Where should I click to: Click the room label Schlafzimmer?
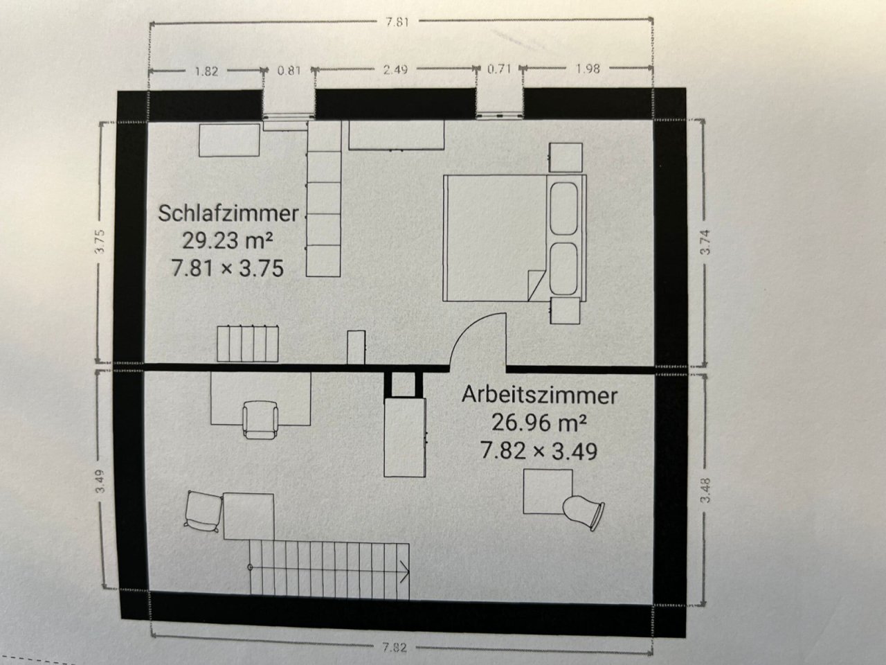(228, 213)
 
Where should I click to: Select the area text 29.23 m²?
(228, 240)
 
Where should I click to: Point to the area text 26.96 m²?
(539, 423)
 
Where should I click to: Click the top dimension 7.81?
(399, 21)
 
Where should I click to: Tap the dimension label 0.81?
(289, 69)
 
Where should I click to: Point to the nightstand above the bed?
(566, 157)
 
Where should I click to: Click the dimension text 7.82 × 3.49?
(539, 451)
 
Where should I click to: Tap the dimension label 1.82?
(206, 70)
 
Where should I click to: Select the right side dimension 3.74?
(705, 242)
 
